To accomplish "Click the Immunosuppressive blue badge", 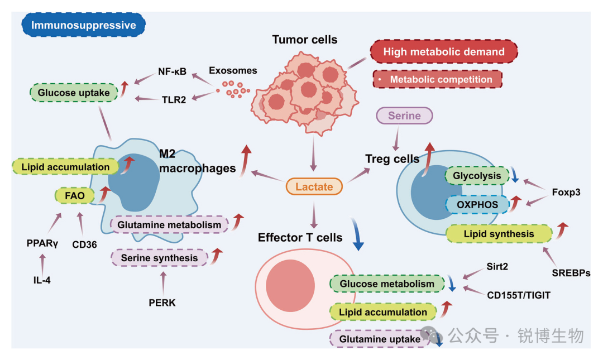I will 83,25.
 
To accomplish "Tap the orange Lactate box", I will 314,187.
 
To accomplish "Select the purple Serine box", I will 404,116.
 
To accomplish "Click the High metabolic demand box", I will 444,52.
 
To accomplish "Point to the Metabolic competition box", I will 437,79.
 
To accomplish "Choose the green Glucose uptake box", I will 74,93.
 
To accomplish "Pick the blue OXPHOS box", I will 477,205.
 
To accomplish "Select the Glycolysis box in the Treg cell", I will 477,175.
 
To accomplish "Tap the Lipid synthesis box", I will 500,234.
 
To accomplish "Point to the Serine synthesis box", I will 159,258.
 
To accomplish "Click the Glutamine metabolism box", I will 169,224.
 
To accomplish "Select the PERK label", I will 162,303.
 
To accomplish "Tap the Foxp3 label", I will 567,192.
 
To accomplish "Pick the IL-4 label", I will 42,280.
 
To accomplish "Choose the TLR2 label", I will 174,99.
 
